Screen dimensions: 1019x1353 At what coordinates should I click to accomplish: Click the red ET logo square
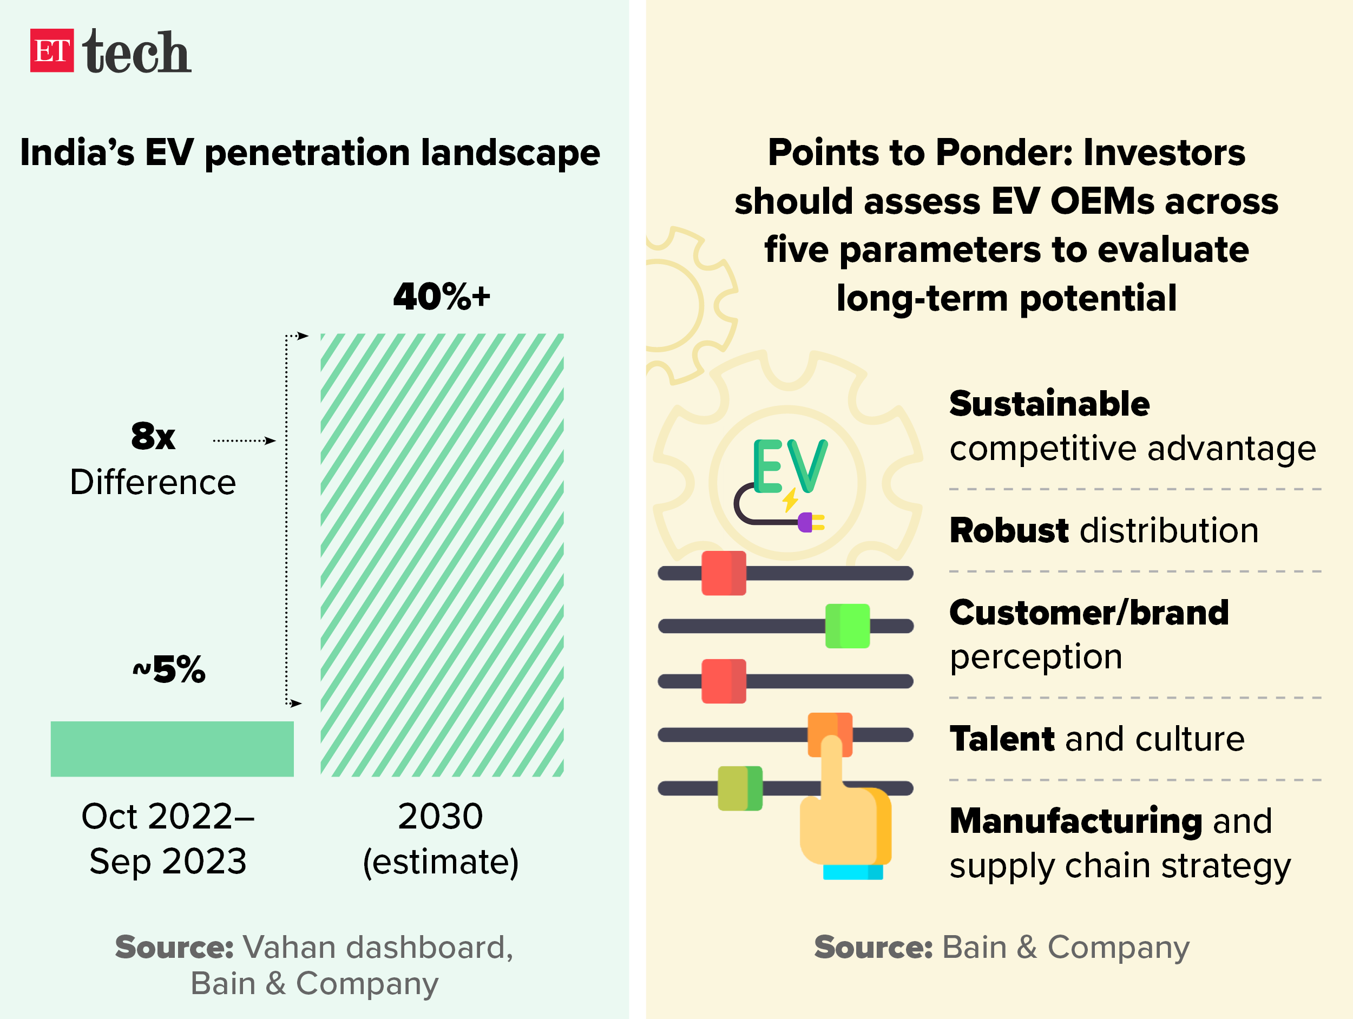(52, 51)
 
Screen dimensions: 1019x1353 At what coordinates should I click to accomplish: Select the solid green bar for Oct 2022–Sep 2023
(172, 748)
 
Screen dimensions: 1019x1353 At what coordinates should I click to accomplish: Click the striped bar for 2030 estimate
(442, 555)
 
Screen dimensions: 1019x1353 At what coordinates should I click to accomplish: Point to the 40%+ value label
(442, 297)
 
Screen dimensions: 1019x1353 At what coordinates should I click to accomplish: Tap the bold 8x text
(153, 436)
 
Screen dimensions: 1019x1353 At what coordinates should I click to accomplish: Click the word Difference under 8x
(153, 482)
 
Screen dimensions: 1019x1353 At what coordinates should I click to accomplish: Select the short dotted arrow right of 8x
(244, 441)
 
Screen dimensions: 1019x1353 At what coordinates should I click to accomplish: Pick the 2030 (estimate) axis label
(441, 839)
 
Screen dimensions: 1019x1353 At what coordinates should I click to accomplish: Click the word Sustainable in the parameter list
(1049, 404)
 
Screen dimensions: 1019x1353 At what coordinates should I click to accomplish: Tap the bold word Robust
(1009, 530)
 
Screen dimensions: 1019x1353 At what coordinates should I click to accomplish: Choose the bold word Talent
(1001, 739)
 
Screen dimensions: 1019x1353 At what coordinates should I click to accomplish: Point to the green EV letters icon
(790, 466)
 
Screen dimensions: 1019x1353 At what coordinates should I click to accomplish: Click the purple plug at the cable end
(806, 522)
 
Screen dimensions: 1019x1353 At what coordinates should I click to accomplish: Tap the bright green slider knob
(847, 626)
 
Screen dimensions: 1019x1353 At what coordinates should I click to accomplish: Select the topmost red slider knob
(724, 573)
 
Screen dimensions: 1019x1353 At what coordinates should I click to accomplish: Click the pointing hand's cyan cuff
(852, 872)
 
